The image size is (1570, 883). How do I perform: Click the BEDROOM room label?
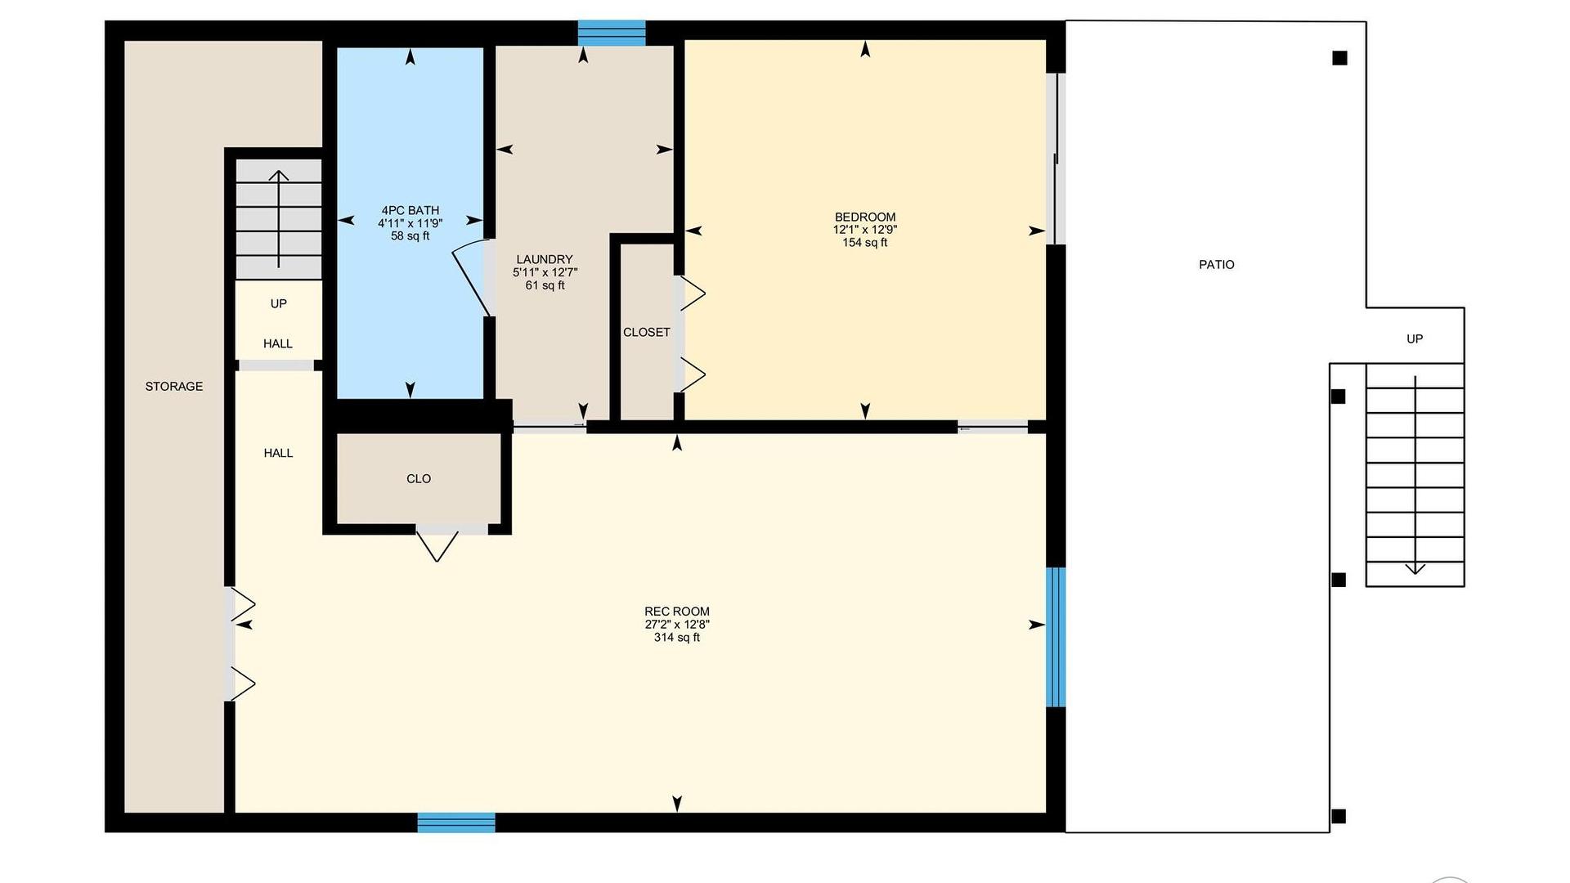(x=865, y=217)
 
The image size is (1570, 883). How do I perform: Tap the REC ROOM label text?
(x=677, y=612)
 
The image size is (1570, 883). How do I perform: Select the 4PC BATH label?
(x=410, y=211)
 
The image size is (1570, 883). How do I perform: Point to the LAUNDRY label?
(x=545, y=260)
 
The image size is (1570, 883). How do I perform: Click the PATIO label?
(x=1217, y=265)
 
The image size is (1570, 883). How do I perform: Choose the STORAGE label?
(x=174, y=387)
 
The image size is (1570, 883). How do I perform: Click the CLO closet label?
(x=419, y=479)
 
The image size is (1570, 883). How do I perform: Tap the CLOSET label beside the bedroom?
(x=647, y=333)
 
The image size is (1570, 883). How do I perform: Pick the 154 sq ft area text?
(x=865, y=243)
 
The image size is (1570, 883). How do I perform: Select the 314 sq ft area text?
(x=677, y=638)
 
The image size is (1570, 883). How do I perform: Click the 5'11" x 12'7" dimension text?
(x=545, y=272)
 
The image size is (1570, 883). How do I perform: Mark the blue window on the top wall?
(x=612, y=33)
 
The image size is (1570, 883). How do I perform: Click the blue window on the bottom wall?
(x=456, y=822)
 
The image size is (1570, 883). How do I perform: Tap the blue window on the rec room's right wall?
(x=1056, y=637)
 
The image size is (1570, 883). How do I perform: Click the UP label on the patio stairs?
(x=1415, y=339)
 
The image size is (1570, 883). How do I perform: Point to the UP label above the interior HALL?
(x=279, y=304)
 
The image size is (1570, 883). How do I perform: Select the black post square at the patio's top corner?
(x=1339, y=58)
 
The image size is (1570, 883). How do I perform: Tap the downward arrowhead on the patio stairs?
(x=1415, y=569)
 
